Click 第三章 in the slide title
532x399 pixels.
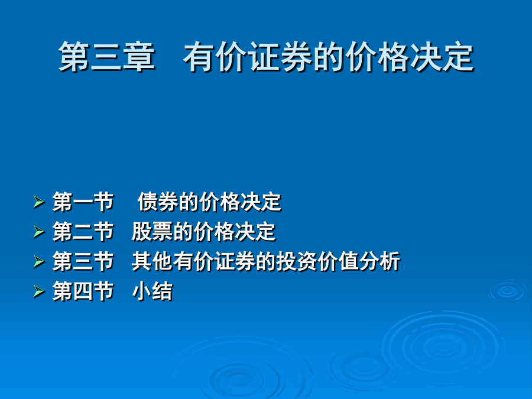pyautogui.click(x=106, y=57)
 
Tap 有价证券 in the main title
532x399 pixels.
pyautogui.click(x=247, y=57)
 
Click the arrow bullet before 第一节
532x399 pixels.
pyautogui.click(x=39, y=202)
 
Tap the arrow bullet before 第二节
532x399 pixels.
pyautogui.click(x=39, y=232)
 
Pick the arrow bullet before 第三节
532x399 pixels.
pyautogui.click(x=39, y=262)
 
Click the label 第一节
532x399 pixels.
pyautogui.click(x=83, y=202)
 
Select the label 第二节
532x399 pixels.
pyautogui.click(x=83, y=232)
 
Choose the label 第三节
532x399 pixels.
pyautogui.click(x=83, y=262)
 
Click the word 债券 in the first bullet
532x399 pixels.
pyautogui.click(x=158, y=202)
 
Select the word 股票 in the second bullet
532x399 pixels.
pyautogui.click(x=152, y=232)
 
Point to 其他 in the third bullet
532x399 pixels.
pyautogui.click(x=152, y=262)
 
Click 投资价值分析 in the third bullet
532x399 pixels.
pyautogui.click(x=338, y=262)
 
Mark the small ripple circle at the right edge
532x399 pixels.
pyautogui.click(x=507, y=291)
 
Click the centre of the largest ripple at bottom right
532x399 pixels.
pyautogui.click(x=443, y=347)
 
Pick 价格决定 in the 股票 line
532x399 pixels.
pyautogui.click(x=235, y=232)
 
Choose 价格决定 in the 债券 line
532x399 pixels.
pyautogui.click(x=241, y=202)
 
